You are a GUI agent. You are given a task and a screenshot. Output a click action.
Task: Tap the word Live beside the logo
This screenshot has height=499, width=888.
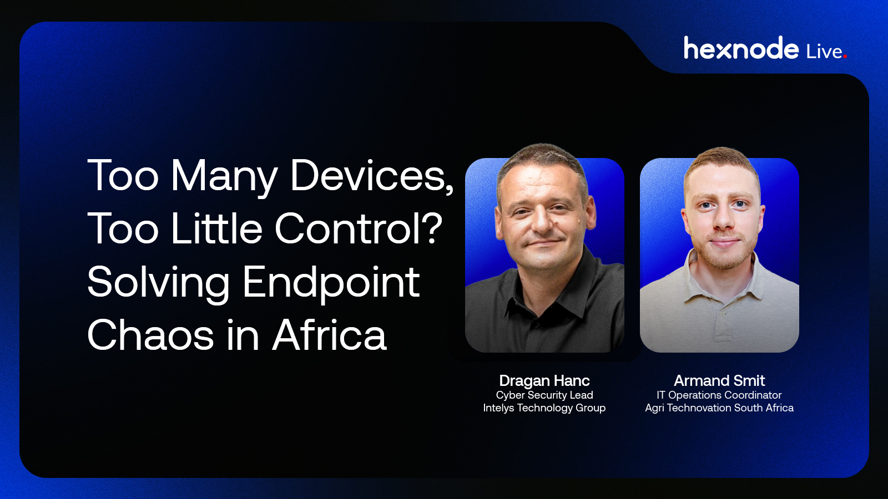tap(824, 52)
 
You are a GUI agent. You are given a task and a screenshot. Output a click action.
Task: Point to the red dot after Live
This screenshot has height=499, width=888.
tap(845, 56)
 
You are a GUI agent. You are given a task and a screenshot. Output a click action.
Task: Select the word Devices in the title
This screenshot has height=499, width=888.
tap(372, 176)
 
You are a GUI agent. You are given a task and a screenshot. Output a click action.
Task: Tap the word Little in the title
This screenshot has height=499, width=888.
tap(217, 228)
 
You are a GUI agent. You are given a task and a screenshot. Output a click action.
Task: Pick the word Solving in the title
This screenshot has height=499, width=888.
tap(159, 284)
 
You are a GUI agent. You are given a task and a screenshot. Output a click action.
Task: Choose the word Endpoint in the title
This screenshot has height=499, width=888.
tap(331, 284)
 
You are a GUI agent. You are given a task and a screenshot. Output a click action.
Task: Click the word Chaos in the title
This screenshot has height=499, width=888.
tap(150, 335)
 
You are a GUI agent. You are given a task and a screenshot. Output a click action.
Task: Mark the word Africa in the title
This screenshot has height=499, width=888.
tap(329, 335)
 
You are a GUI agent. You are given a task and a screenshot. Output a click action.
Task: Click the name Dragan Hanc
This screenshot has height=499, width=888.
tap(544, 381)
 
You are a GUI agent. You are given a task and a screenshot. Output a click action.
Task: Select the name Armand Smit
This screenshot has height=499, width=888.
tap(719, 380)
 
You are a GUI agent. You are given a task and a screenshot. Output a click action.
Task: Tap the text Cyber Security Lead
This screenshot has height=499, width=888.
tap(544, 395)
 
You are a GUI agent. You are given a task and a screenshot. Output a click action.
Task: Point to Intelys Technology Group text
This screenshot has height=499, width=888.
tap(544, 408)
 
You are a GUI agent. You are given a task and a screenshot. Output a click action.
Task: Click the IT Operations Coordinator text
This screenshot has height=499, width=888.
tap(719, 395)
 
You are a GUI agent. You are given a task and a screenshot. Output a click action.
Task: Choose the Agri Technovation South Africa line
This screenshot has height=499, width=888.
tap(719, 408)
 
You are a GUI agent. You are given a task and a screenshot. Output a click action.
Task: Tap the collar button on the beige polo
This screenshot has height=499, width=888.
tap(722, 314)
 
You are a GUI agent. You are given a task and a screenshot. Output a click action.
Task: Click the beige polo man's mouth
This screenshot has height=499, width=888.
tap(723, 242)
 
